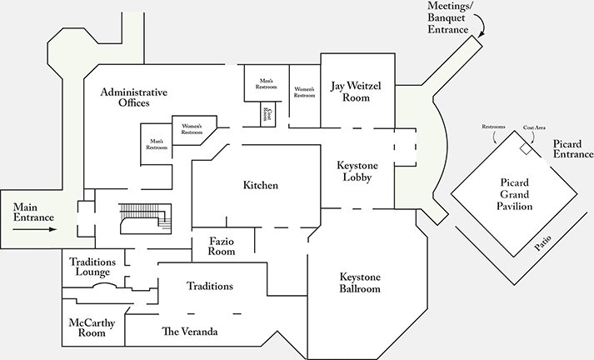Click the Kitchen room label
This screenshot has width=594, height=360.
tap(261, 185)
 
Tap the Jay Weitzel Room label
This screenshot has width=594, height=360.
tap(359, 91)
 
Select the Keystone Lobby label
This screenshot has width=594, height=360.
tap(358, 170)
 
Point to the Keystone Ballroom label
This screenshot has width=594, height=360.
tap(360, 282)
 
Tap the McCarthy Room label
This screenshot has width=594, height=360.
tap(93, 327)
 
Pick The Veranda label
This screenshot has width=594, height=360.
tap(190, 332)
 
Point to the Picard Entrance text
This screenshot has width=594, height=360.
tap(572, 149)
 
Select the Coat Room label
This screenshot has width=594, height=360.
tap(267, 113)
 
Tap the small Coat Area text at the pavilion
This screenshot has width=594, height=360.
tap(534, 127)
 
